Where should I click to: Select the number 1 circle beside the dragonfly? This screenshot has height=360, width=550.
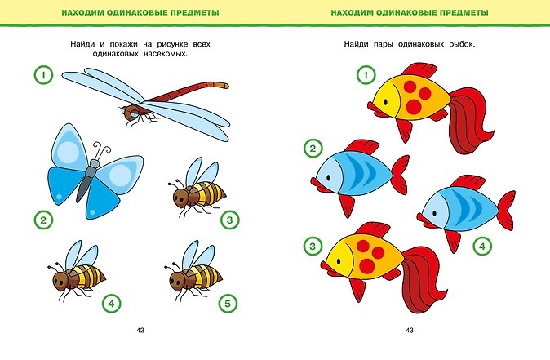pyautogui.click(x=43, y=75)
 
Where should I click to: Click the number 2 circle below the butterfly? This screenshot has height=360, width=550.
pyautogui.click(x=43, y=220)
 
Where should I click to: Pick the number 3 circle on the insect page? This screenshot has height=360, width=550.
pyautogui.click(x=230, y=220)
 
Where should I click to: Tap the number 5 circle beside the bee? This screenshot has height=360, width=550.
pyautogui.click(x=228, y=304)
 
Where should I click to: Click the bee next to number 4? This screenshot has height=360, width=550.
pyautogui.click(x=77, y=271)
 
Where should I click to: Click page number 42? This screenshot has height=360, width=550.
pyautogui.click(x=140, y=330)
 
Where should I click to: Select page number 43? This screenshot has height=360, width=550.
pyautogui.click(x=410, y=330)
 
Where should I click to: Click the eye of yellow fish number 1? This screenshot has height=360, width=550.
pyautogui.click(x=385, y=102)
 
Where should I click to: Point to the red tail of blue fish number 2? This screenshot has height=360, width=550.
pyautogui.click(x=400, y=175)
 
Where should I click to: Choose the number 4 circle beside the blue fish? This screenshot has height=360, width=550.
pyautogui.click(x=482, y=246)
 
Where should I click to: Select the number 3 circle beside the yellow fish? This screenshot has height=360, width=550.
pyautogui.click(x=313, y=246)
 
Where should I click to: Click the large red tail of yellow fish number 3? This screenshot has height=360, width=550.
pyautogui.click(x=422, y=279)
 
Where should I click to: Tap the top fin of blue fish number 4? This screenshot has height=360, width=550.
pyautogui.click(x=468, y=182)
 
